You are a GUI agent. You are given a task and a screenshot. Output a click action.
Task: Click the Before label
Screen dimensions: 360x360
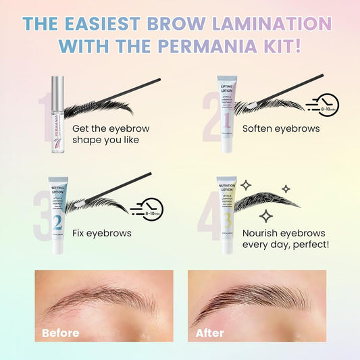click(61, 332)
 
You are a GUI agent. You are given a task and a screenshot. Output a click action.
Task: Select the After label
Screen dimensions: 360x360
click(209, 332)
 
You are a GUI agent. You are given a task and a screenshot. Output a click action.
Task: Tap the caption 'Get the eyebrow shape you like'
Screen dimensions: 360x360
click(111, 134)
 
